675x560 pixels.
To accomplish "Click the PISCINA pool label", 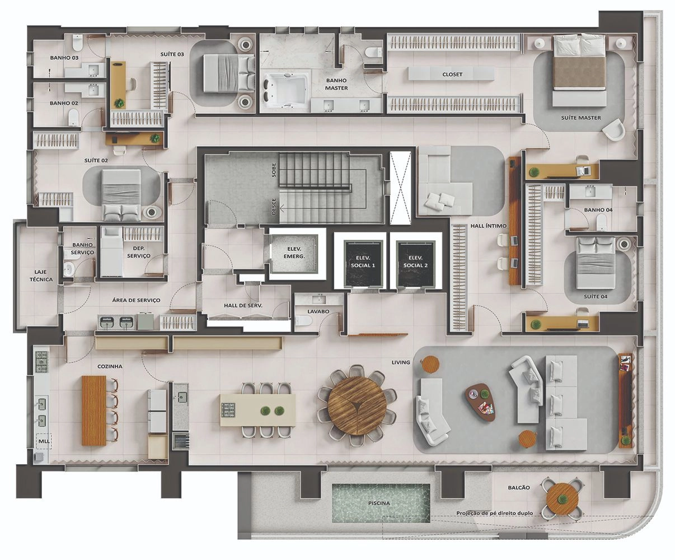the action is [x=379, y=503].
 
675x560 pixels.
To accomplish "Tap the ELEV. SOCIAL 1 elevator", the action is [x=363, y=263].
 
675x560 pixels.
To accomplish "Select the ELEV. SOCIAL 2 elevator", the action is [x=416, y=263].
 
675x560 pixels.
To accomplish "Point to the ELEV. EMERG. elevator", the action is [x=294, y=254].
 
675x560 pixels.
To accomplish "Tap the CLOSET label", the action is [x=452, y=74].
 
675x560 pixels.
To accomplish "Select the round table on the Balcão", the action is [x=562, y=499].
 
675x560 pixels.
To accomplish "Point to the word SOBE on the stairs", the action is [x=274, y=170].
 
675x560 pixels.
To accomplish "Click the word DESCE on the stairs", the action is [x=274, y=207].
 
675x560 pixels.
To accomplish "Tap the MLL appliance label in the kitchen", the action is [x=44, y=441].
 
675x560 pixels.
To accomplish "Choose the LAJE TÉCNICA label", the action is [x=41, y=276].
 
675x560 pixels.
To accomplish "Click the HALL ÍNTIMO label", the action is [x=488, y=226].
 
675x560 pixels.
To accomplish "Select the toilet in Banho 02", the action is [x=74, y=116].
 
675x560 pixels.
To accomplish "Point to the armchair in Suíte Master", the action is [x=614, y=129].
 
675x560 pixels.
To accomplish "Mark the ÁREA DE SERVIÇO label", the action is [x=136, y=300].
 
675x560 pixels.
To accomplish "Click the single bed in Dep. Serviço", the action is [x=111, y=252].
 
